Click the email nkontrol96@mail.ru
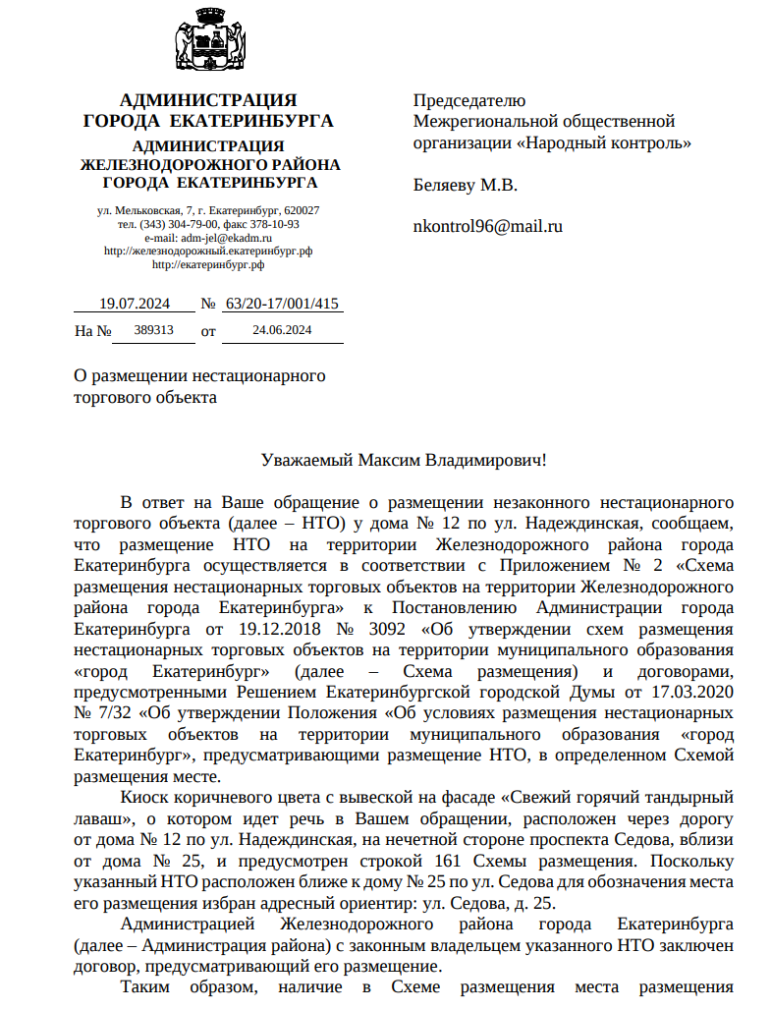(487, 226)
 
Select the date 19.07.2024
(136, 304)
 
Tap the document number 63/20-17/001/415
(282, 304)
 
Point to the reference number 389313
(154, 330)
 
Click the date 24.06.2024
(282, 330)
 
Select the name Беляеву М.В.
(465, 185)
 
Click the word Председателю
(469, 100)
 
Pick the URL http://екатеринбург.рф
(208, 264)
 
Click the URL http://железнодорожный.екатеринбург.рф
(208, 252)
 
